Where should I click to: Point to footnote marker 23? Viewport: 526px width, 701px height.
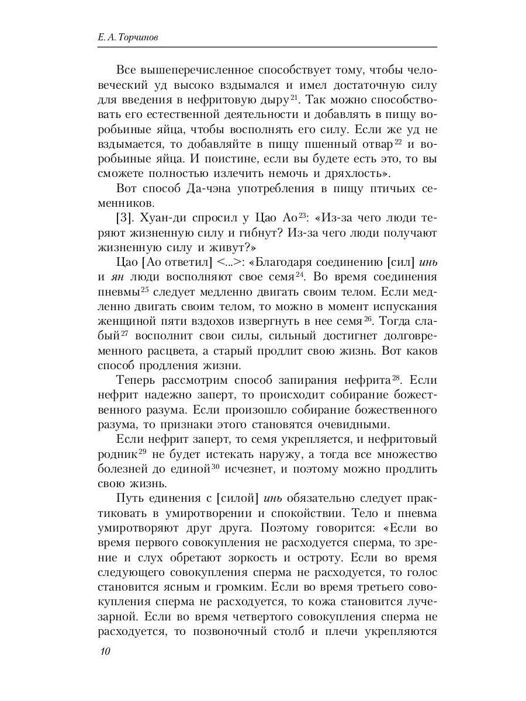pyautogui.click(x=303, y=214)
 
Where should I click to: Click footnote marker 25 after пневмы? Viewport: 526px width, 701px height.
pyautogui.click(x=145, y=287)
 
